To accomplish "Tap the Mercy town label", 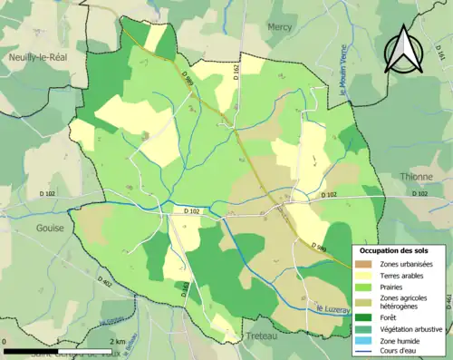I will pyautogui.click(x=280, y=27).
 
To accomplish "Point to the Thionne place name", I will pyautogui.click(x=416, y=177).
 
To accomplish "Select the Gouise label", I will pyautogui.click(x=50, y=228).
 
